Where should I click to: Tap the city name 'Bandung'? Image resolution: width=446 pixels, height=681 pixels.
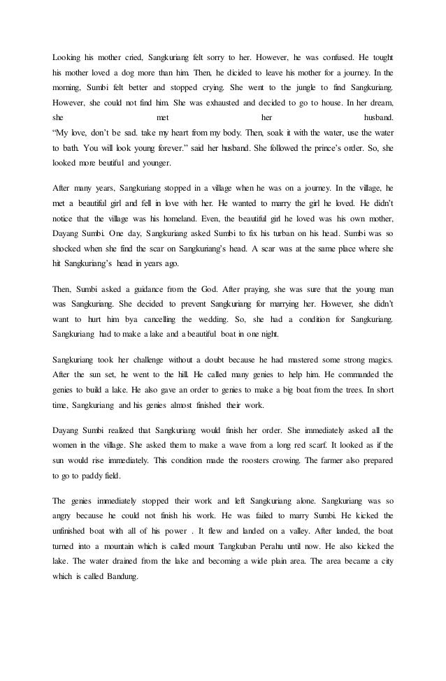click(x=124, y=600)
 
